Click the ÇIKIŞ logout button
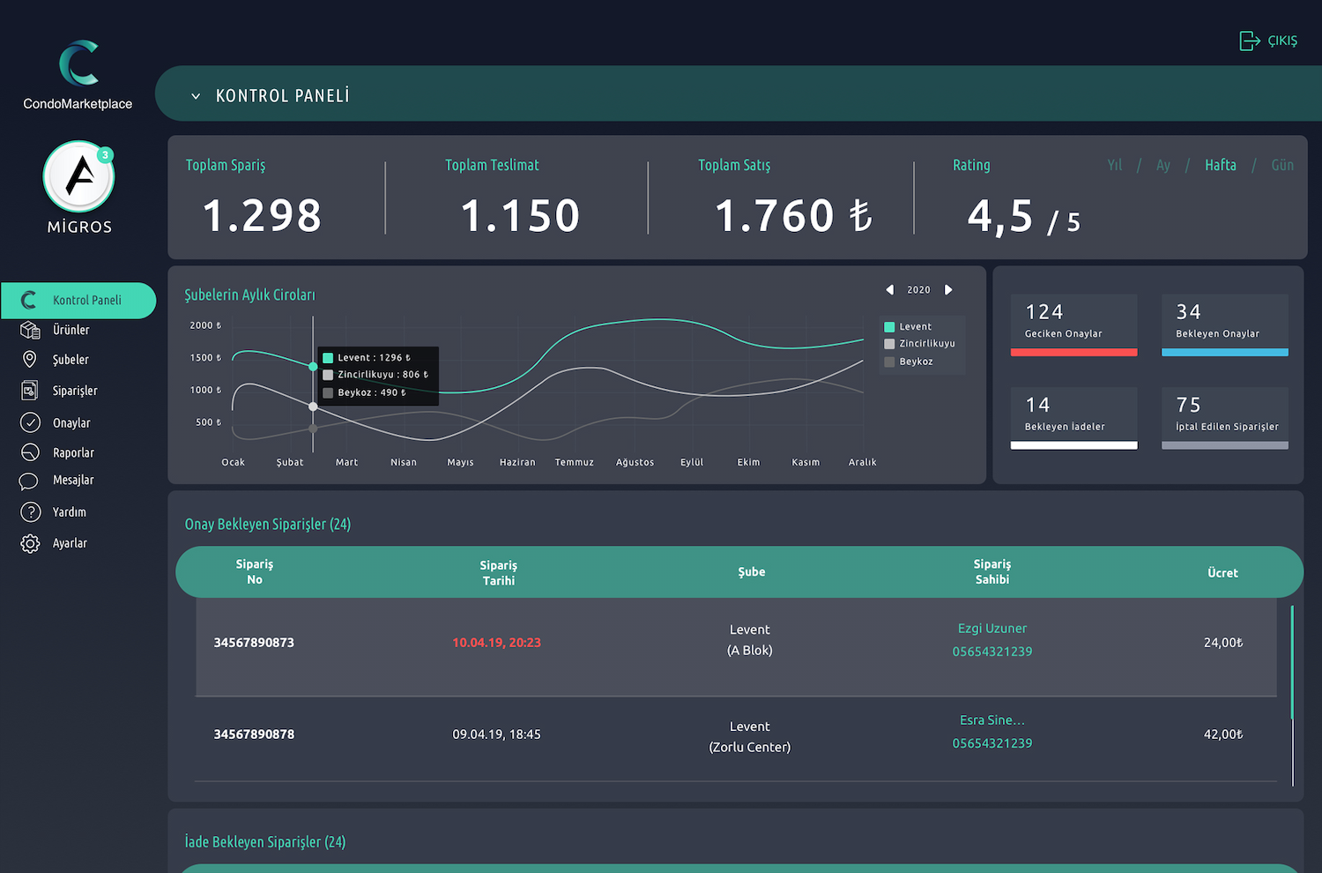point(1268,41)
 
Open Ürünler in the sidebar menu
point(71,330)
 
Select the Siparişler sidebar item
point(74,391)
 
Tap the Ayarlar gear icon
point(30,543)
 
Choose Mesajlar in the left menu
point(72,481)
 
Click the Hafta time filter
point(1220,165)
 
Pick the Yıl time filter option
point(1115,165)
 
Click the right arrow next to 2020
point(948,290)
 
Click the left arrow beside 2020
point(889,290)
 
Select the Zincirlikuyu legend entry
point(926,344)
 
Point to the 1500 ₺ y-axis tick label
point(205,358)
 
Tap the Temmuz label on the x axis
point(574,462)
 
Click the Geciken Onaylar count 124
point(1044,312)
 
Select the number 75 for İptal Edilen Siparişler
point(1188,405)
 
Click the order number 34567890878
point(254,735)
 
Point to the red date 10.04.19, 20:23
point(496,643)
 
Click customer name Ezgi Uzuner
point(991,629)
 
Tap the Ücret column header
point(1222,573)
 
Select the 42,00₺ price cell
point(1222,735)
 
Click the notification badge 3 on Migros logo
point(105,155)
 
